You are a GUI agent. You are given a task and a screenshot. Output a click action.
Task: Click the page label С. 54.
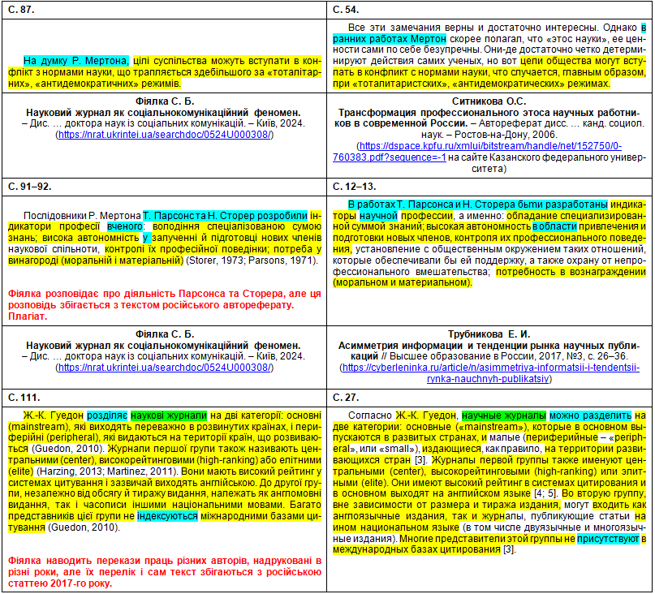point(347,9)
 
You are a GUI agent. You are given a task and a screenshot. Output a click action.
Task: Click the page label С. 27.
point(347,397)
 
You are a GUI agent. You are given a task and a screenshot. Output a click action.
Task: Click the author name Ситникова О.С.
point(489,101)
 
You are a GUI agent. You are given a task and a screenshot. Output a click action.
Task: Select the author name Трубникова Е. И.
point(489,333)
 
